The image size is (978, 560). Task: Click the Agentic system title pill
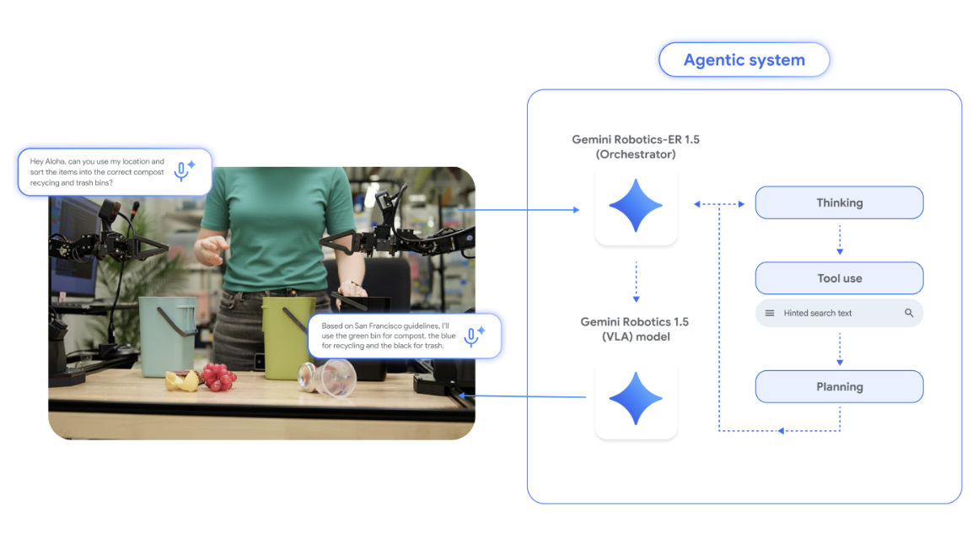pos(744,61)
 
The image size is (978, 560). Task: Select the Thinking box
pos(839,203)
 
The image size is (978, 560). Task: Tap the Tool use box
pos(839,278)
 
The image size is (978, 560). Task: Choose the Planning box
pos(839,387)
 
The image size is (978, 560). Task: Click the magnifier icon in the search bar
pos(909,313)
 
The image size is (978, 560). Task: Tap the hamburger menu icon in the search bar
pos(769,313)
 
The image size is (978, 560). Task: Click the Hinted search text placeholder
pos(818,313)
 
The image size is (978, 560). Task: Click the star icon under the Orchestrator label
pos(636,206)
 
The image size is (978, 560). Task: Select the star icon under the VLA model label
pos(636,398)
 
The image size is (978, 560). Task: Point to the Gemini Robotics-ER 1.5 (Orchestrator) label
pos(636,147)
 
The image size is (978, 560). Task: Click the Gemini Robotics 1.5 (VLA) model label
pos(635,329)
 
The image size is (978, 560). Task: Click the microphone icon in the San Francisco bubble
pos(472,336)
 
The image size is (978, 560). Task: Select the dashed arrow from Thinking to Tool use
pos(840,240)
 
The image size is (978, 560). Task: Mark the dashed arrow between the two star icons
pos(636,282)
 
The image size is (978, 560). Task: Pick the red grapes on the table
pos(217,377)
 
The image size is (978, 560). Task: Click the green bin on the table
pos(287,333)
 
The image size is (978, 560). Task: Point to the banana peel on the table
pos(182,381)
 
